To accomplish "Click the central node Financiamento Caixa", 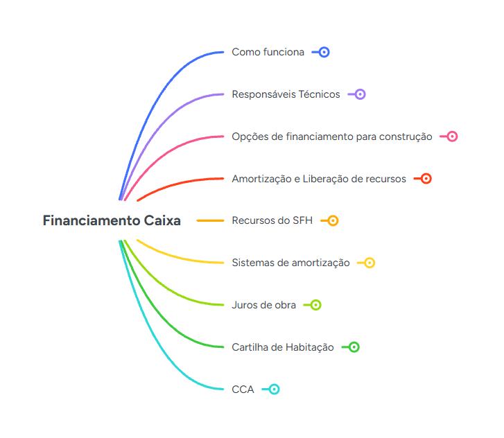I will [112, 220].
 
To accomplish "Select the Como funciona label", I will [268, 52].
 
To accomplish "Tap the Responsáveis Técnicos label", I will [286, 94].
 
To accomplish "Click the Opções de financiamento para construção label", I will [331, 137].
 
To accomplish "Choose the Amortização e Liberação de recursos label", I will [319, 179].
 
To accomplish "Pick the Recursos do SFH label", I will [272, 220].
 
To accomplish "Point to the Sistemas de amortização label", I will [290, 263].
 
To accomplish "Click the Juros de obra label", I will [263, 305].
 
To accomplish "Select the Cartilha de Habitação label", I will [283, 347].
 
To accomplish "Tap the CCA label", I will [243, 389].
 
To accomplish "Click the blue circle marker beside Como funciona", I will [324, 52].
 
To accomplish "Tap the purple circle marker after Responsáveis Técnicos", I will [360, 94].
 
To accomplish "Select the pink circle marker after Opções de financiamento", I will [452, 137].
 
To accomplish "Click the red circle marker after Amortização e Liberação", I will [426, 179].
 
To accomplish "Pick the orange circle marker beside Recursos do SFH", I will [333, 220].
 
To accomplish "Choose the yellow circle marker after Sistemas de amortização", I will [370, 263].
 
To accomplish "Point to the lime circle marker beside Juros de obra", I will [315, 305].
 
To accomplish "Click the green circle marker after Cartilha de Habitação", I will [354, 347].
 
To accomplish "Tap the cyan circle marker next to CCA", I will [274, 389].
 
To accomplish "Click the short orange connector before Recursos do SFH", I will [210, 220].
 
